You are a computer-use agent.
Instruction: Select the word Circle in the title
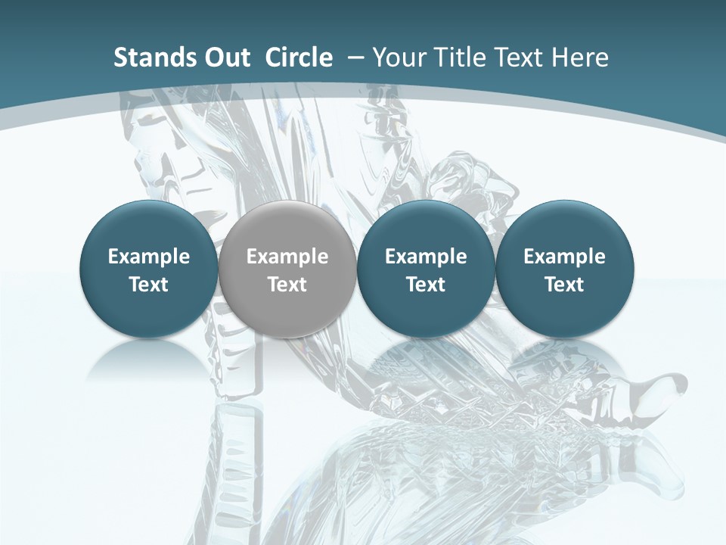click(299, 58)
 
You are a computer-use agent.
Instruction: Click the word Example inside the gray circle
click(287, 257)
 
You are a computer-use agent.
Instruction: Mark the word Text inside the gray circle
click(287, 285)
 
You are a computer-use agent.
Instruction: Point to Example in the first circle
click(149, 257)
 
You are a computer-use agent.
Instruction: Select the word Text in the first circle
click(149, 285)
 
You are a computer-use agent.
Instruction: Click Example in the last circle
click(564, 257)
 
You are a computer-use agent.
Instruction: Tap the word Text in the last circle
click(564, 285)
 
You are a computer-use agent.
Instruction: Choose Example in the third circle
click(426, 257)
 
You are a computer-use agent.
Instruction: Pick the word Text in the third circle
click(426, 285)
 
